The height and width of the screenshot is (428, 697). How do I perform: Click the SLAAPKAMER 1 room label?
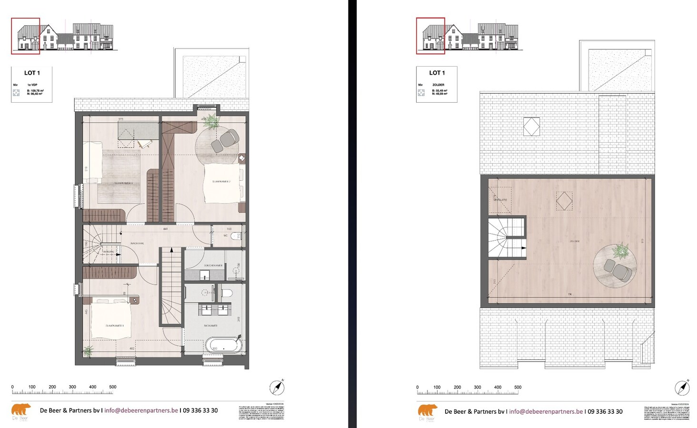coord(114,326)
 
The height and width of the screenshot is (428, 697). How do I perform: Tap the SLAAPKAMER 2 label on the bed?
coord(221,182)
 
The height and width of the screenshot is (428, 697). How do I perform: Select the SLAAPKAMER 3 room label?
coord(123,183)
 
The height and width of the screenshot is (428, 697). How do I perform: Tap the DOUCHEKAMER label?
coord(213,265)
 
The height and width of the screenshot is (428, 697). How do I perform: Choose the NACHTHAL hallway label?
coord(137,243)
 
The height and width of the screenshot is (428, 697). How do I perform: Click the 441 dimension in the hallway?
coord(165,229)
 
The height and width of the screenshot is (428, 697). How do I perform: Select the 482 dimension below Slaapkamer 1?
coord(132,349)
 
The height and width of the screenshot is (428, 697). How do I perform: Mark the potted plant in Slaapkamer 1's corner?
coord(88,351)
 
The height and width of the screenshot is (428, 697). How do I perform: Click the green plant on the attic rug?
coord(620,251)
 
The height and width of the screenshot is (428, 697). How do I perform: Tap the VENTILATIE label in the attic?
coord(500,200)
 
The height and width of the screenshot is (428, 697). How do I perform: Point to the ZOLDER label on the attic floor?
coord(574,241)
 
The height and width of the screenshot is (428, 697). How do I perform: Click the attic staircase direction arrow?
coord(523,248)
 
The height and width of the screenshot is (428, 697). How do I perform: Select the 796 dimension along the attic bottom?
coord(570,294)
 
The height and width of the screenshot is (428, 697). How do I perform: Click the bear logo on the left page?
coord(21,410)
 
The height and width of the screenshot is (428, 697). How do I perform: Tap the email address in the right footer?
coord(546,411)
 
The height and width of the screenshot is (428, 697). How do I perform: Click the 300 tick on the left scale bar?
coord(72,387)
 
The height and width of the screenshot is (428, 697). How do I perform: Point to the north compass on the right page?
coord(682,388)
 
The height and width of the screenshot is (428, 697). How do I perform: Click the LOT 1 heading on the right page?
coord(437,73)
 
